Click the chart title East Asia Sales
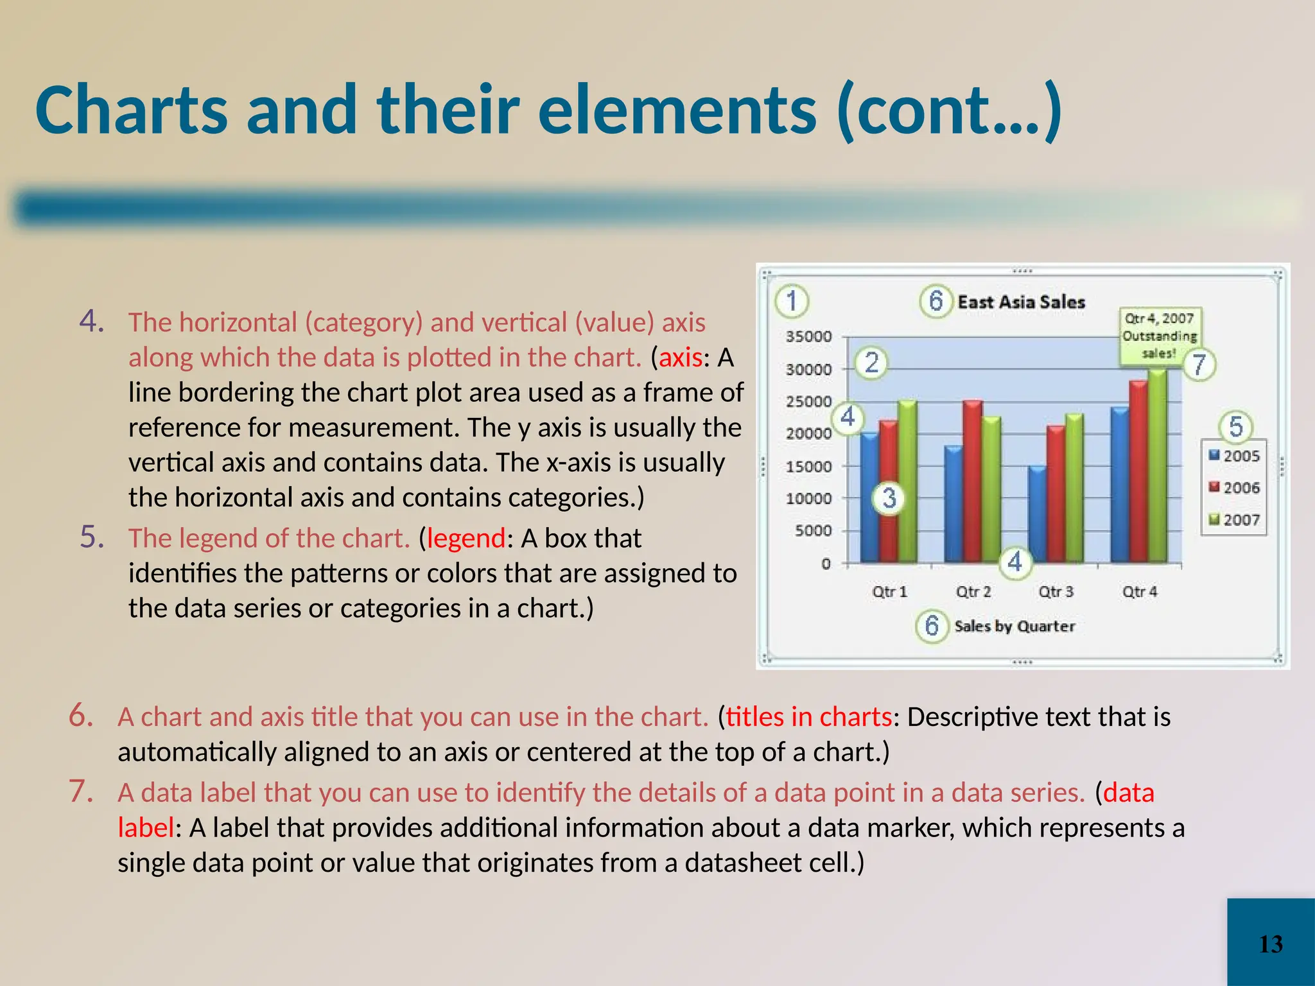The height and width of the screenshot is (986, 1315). coord(1021,302)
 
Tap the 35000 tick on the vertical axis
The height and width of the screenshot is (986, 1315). coord(808,336)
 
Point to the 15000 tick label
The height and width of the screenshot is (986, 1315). coord(808,467)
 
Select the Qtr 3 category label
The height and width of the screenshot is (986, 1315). coord(1056,591)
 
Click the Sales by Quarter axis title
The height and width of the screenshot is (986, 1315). coord(1015,626)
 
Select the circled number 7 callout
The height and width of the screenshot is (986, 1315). coord(1199,365)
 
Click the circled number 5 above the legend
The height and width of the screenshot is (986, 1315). coord(1235,427)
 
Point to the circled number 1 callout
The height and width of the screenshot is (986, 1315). coord(792,301)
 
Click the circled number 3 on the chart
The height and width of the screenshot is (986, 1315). coord(889,497)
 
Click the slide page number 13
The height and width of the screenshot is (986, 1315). coord(1271,944)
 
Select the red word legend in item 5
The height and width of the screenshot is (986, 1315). coord(466,538)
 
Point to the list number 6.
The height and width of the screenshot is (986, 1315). coord(82,715)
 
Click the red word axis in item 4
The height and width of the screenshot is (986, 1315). coord(681,358)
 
